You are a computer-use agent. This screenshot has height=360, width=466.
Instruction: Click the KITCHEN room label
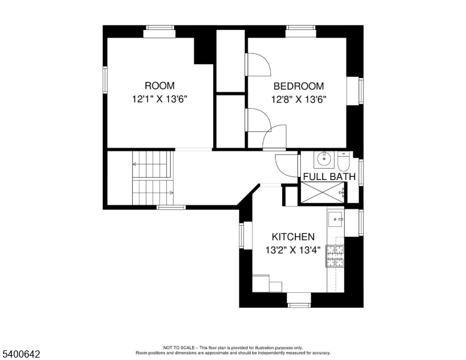tap(293, 237)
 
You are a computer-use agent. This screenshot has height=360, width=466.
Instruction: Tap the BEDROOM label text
tap(298, 86)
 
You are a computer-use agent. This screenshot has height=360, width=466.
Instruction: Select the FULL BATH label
tap(329, 176)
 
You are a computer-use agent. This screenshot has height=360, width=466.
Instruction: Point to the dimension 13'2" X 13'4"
tap(293, 250)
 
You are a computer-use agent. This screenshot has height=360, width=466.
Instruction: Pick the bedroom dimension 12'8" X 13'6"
tap(298, 100)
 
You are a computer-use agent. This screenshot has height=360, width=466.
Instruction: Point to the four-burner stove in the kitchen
tap(335, 256)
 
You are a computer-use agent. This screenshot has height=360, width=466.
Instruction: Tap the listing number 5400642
tap(20, 355)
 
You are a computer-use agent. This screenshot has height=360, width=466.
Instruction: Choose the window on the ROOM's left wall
tap(105, 80)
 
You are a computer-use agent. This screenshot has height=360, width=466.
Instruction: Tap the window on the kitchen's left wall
tap(242, 235)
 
